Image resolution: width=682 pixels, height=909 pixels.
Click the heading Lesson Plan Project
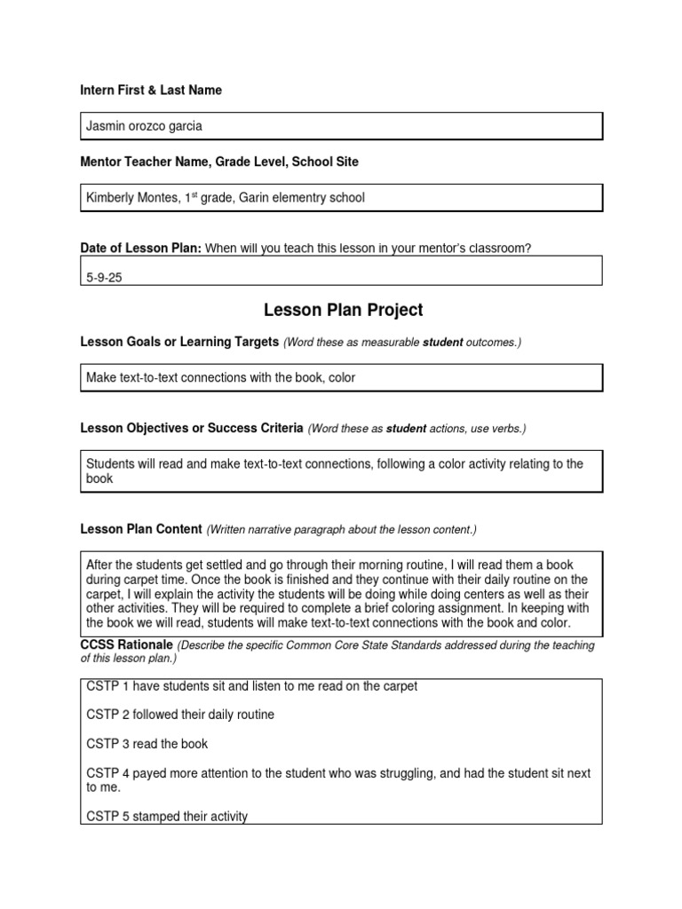coord(343,310)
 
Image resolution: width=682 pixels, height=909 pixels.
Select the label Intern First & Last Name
coord(151,91)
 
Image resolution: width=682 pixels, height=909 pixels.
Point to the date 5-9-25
coord(104,277)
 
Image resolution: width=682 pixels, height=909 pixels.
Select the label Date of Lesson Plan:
coord(141,249)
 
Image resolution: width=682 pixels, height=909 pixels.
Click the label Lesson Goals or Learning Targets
coord(179,342)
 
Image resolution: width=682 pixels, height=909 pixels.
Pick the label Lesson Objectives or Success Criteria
coord(192,429)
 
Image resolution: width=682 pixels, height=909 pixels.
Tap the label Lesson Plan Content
coord(141,529)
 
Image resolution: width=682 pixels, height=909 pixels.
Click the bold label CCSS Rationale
coord(127,645)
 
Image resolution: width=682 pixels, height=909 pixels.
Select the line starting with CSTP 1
coord(251,686)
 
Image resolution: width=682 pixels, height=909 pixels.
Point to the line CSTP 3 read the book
coord(147,744)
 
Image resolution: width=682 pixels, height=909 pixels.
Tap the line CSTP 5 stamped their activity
coord(167,816)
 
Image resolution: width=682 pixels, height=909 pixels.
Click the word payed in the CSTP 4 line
coord(140,774)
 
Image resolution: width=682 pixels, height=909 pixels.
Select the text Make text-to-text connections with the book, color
coord(220,377)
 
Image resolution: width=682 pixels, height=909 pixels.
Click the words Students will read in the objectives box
coord(132,464)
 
